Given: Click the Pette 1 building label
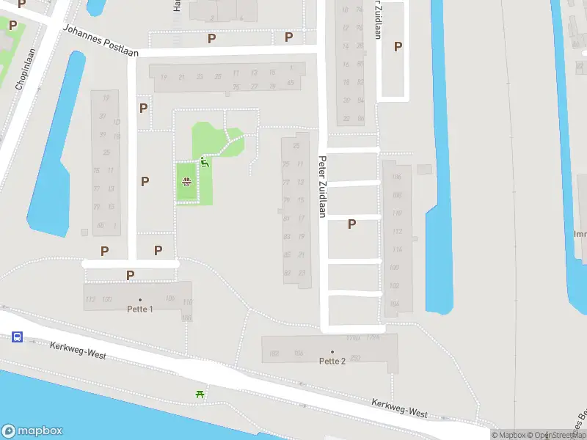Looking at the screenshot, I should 139,309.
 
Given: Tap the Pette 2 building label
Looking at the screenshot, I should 332,361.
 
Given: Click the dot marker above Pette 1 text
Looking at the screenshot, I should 139,300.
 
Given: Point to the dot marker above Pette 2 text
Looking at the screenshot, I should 332,352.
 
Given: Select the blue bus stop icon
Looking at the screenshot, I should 17,337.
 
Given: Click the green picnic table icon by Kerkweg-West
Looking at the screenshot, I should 200,395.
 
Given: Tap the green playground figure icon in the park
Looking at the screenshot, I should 205,162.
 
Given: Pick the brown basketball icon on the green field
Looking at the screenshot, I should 187,182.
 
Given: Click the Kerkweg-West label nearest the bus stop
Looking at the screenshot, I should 78,351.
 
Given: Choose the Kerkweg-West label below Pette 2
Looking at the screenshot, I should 399,408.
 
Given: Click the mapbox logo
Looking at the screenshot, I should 32,431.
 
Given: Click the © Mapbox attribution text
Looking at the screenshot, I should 511,435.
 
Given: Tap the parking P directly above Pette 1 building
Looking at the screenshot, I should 130,276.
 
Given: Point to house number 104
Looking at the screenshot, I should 395,303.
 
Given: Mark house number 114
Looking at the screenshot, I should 397,250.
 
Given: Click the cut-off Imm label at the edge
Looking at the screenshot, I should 580,235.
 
